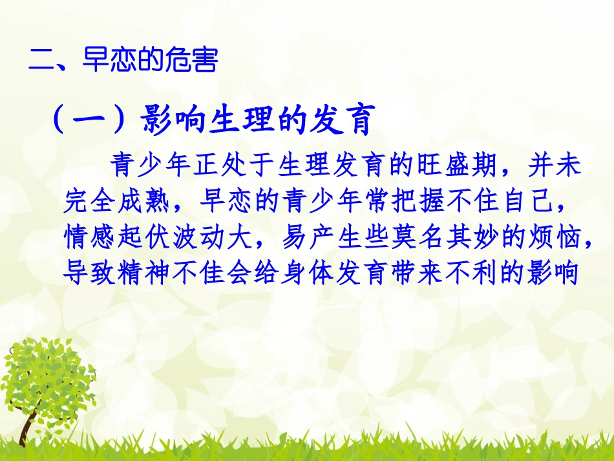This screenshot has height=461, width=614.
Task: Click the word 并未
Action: pyautogui.click(x=555, y=167)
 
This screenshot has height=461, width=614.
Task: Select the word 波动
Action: pyautogui.click(x=200, y=239)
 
